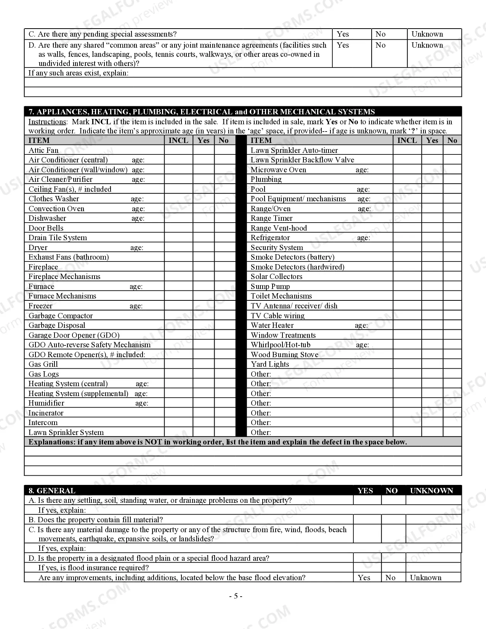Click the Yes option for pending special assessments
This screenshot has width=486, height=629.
(343, 34)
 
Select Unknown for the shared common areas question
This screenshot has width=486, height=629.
(427, 45)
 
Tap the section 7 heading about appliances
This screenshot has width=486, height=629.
(202, 112)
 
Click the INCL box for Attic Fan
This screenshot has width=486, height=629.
(178, 150)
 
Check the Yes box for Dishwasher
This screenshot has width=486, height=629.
(204, 218)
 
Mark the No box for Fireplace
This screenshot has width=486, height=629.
(225, 267)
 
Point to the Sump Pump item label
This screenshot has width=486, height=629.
(270, 286)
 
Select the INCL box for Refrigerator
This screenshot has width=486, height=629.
(407, 237)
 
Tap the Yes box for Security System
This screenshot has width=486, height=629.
(432, 247)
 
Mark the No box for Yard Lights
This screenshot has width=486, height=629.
(452, 364)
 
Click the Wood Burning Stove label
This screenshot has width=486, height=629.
(284, 355)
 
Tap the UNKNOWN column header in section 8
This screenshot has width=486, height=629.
(431, 491)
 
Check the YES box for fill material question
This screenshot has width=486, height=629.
(367, 520)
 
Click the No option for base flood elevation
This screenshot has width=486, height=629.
(390, 578)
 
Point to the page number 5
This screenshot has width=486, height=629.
(236, 596)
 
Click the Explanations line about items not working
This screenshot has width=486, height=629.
(218, 442)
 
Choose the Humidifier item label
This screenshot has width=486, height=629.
(46, 403)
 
